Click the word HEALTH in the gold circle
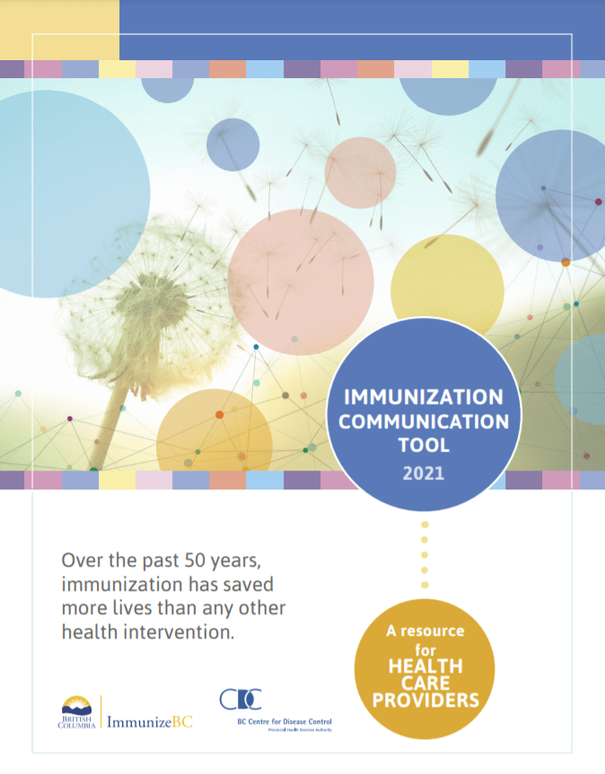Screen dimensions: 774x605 pyautogui.click(x=426, y=666)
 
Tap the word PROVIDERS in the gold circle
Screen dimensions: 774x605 pyautogui.click(x=426, y=699)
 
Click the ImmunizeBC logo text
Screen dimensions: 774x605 pyautogui.click(x=150, y=721)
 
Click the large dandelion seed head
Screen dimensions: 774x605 pyautogui.click(x=136, y=296)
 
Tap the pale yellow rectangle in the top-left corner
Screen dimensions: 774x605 pyautogui.click(x=59, y=30)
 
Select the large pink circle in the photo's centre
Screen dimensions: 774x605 pyautogui.click(x=300, y=268)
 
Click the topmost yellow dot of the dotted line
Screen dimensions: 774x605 pyautogui.click(x=425, y=524)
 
